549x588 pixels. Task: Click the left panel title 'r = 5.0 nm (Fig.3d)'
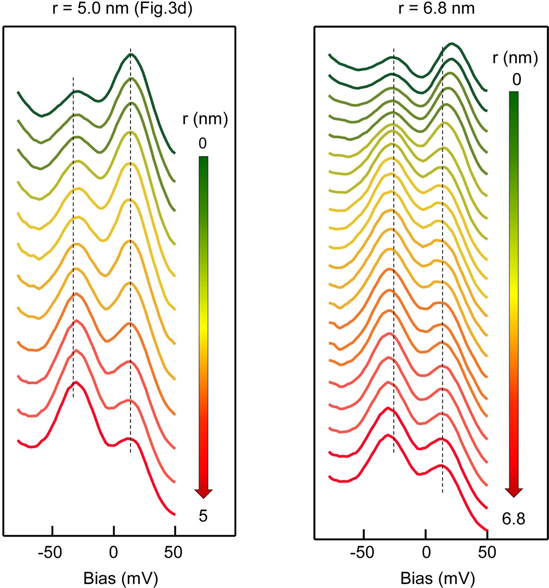(122, 8)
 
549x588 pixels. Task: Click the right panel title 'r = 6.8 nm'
(436, 8)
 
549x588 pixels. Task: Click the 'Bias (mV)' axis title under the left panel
(120, 578)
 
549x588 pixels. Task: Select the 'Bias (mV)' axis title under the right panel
(437, 578)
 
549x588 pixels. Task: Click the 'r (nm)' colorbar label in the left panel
(205, 119)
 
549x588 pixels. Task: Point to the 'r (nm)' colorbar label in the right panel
(515, 58)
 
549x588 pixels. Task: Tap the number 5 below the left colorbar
(203, 516)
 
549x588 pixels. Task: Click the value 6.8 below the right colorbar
(513, 519)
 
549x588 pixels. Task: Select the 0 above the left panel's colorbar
(203, 143)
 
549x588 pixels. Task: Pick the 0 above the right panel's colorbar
(517, 79)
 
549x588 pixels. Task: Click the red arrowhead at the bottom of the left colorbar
(203, 493)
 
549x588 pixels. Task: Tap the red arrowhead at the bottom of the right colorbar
(514, 492)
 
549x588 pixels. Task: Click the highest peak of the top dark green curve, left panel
(130, 55)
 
